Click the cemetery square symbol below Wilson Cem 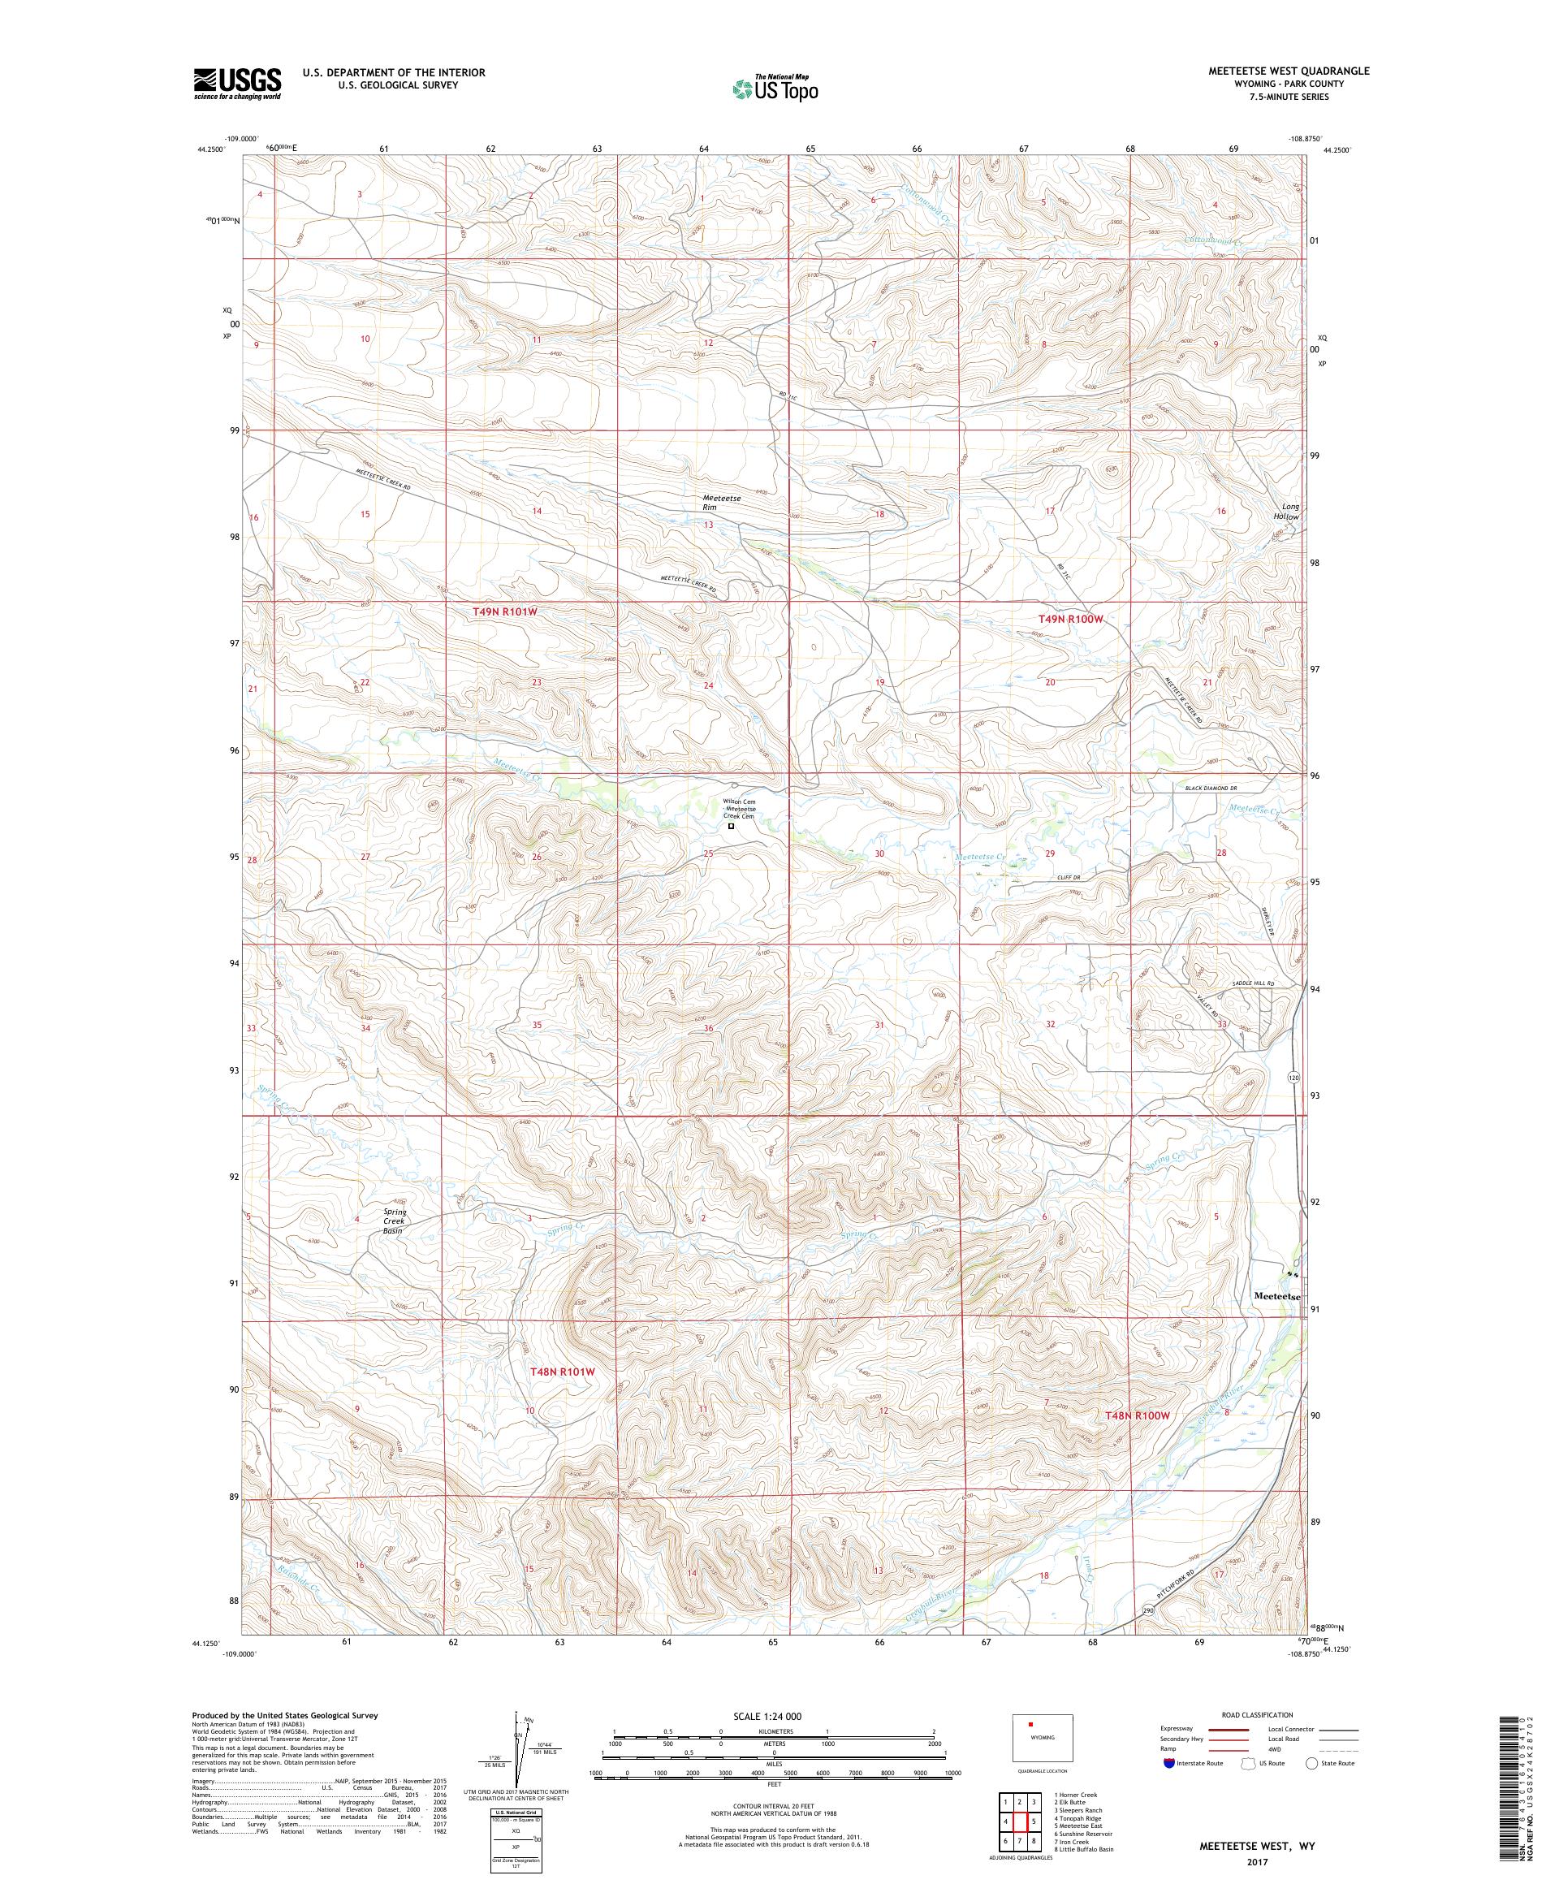point(730,827)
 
